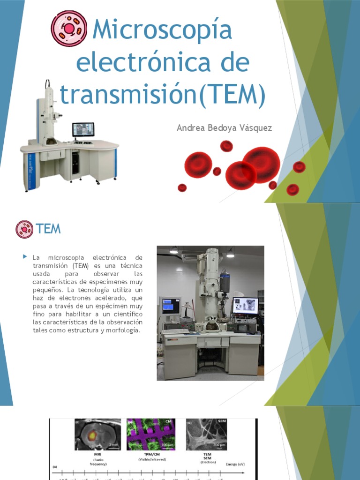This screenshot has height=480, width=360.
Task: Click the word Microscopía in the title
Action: [x=162, y=30]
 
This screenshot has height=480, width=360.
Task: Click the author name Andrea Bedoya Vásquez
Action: [x=224, y=128]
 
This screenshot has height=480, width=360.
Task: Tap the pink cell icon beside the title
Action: [x=69, y=29]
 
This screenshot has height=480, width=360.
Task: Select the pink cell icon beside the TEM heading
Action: [x=24, y=229]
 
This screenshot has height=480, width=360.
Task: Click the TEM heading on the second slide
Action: [x=49, y=229]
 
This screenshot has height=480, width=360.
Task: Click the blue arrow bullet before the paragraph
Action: [x=25, y=257]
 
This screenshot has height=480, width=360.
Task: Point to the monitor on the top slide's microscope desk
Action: [x=83, y=129]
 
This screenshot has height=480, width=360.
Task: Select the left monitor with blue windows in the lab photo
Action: [x=170, y=306]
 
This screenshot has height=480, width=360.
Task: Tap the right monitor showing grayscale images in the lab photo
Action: [x=245, y=306]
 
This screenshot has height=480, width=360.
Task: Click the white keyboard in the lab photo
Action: [x=175, y=331]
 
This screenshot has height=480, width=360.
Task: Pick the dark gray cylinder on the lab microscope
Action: [x=225, y=282]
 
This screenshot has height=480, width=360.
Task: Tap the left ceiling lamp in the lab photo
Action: [x=174, y=251]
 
